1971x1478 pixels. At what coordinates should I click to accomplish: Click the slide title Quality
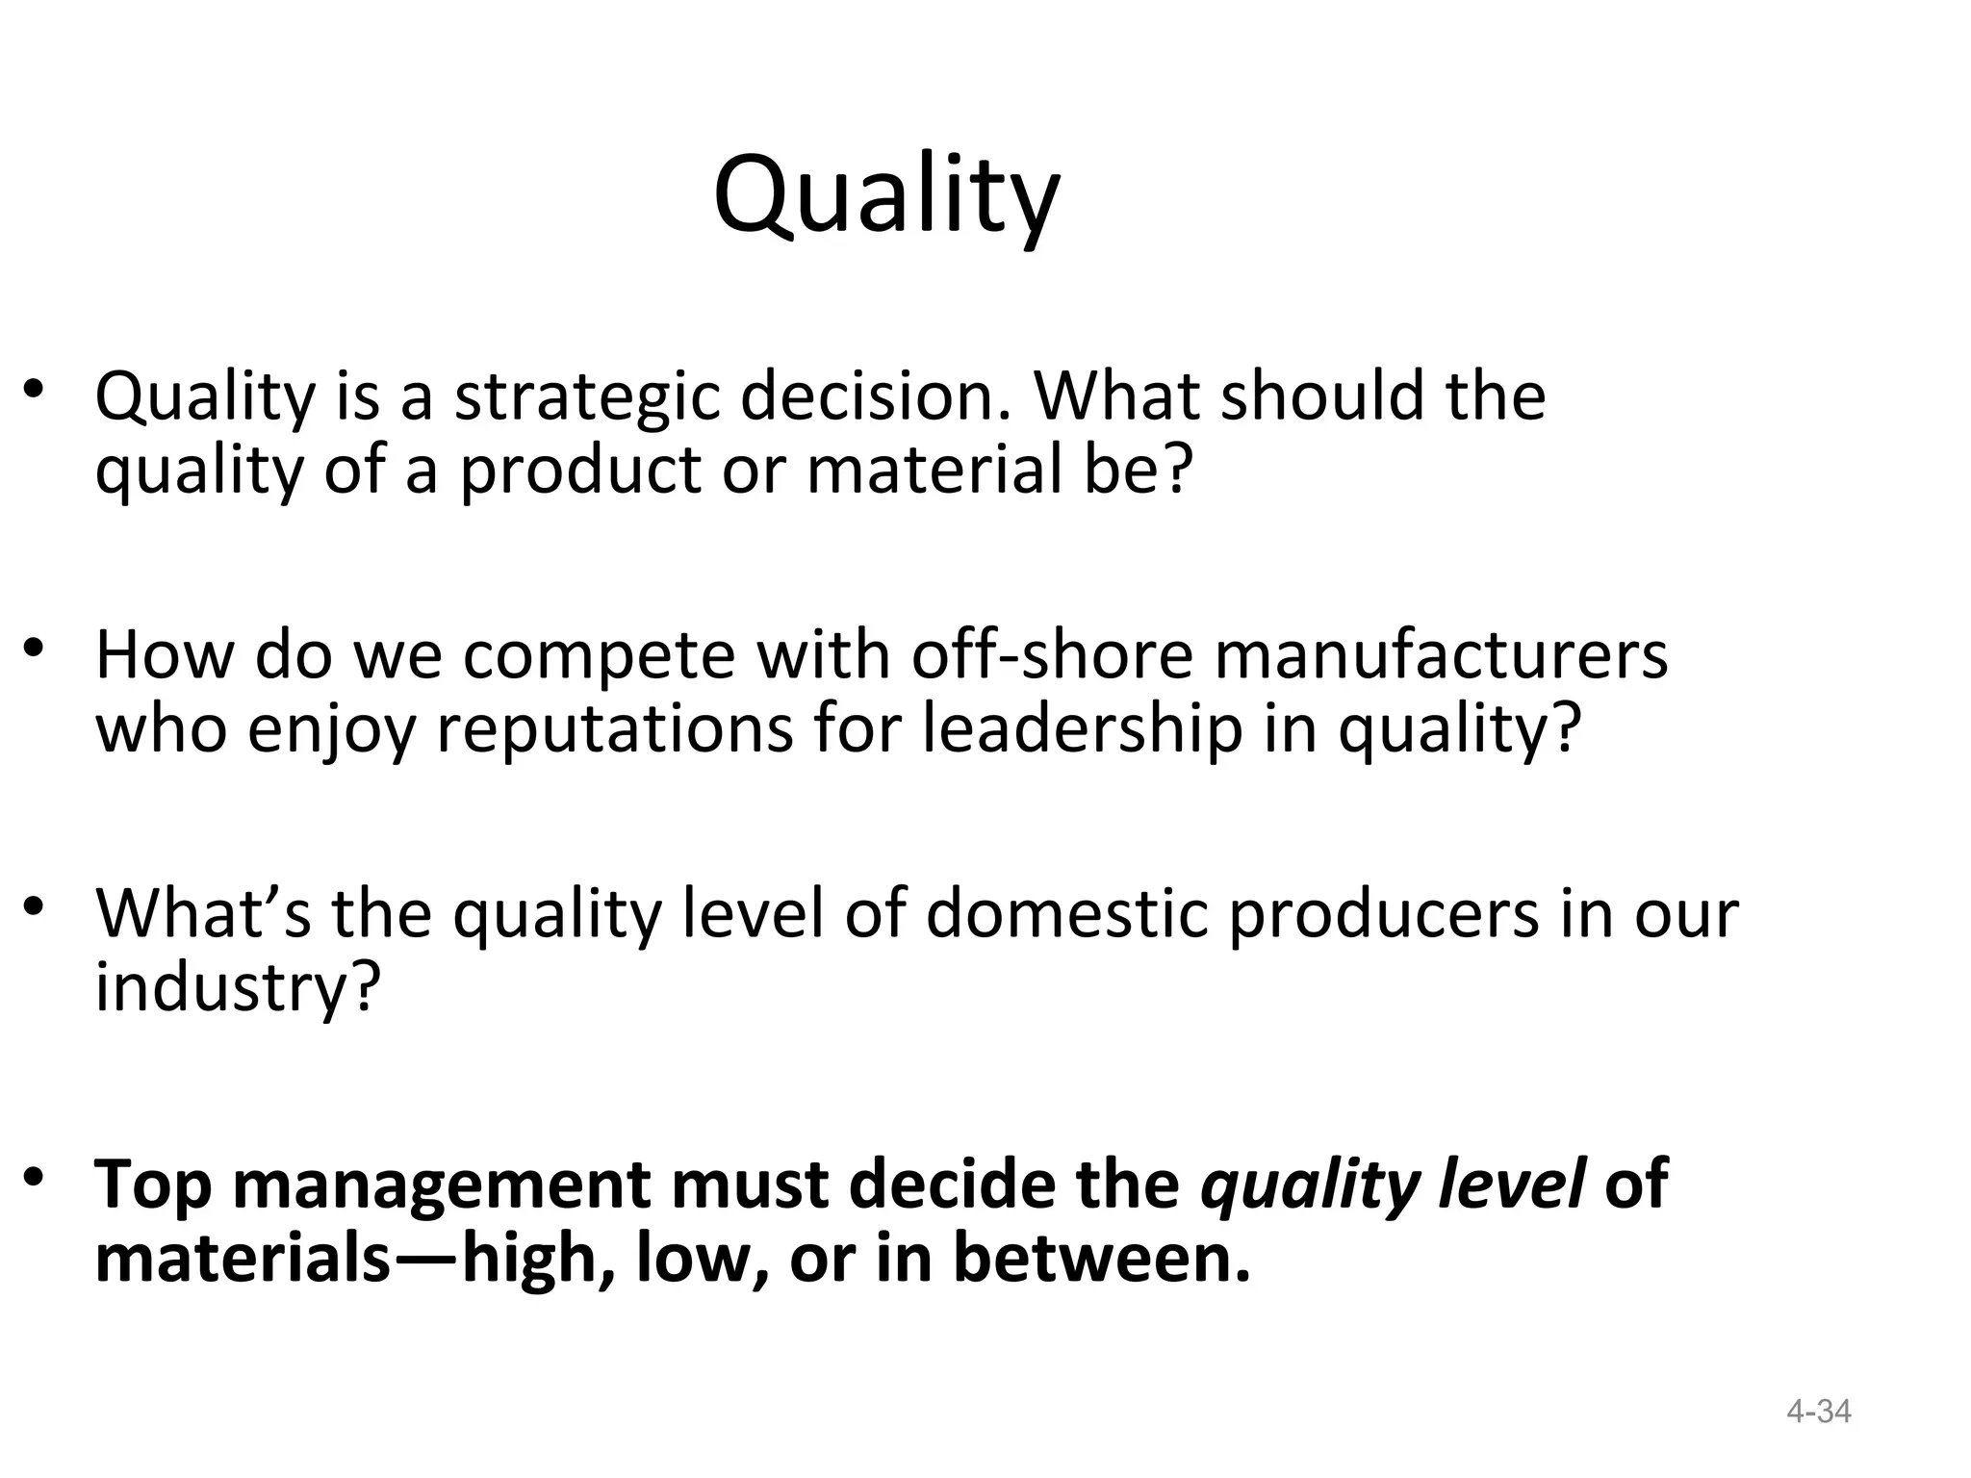pos(885,197)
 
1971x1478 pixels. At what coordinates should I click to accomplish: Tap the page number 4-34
pos(1818,1412)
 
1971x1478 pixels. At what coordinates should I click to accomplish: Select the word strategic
pos(586,397)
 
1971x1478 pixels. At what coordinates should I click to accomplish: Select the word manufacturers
pos(1441,655)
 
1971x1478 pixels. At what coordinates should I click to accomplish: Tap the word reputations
pos(616,729)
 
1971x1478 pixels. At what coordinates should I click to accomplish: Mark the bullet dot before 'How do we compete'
pos(36,648)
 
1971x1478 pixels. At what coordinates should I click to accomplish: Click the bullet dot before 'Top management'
pos(36,1177)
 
